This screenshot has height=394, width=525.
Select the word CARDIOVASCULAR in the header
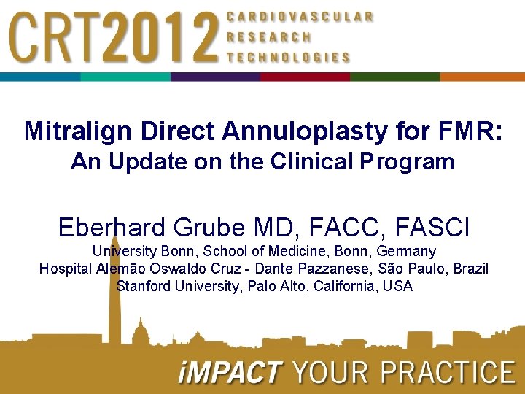[x=300, y=16]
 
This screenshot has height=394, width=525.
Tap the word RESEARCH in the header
[x=270, y=36]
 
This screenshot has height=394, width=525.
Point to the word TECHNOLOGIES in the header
[x=289, y=57]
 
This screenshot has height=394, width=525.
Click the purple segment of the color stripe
[x=215, y=77]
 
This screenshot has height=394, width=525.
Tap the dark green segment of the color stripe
[x=394, y=77]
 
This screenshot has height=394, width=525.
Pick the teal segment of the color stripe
[x=125, y=77]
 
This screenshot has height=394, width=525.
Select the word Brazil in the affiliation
[x=470, y=269]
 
